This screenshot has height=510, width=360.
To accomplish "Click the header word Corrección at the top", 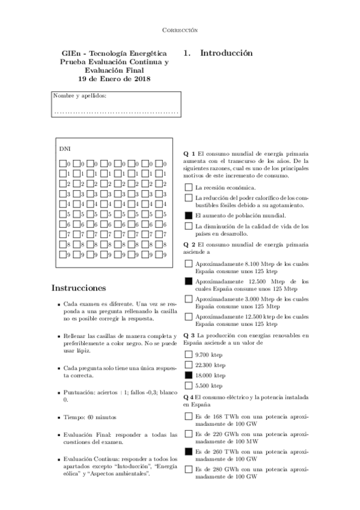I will (180, 29).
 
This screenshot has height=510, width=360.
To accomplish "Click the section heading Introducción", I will (226, 53).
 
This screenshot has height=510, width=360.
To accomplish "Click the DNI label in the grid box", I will (64, 147).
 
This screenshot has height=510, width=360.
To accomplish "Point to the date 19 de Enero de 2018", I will (114, 79).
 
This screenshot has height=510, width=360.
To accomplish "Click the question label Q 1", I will (189, 154).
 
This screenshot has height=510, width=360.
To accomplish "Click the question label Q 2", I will (189, 244).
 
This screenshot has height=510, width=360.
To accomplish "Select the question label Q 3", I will (189, 334).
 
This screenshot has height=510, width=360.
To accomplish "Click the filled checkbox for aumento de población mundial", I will (189, 215).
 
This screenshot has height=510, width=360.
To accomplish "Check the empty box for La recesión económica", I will (189, 188).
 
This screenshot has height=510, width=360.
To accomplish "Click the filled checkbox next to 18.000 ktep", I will (189, 374).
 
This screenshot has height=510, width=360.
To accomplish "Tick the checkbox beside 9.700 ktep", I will (189, 355).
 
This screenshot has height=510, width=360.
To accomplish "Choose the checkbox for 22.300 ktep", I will (189, 364).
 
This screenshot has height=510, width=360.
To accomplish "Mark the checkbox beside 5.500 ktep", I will (189, 385).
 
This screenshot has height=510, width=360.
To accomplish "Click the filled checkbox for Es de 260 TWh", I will (189, 451).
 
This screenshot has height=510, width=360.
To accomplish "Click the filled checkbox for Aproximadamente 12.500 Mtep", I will (189, 281).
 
